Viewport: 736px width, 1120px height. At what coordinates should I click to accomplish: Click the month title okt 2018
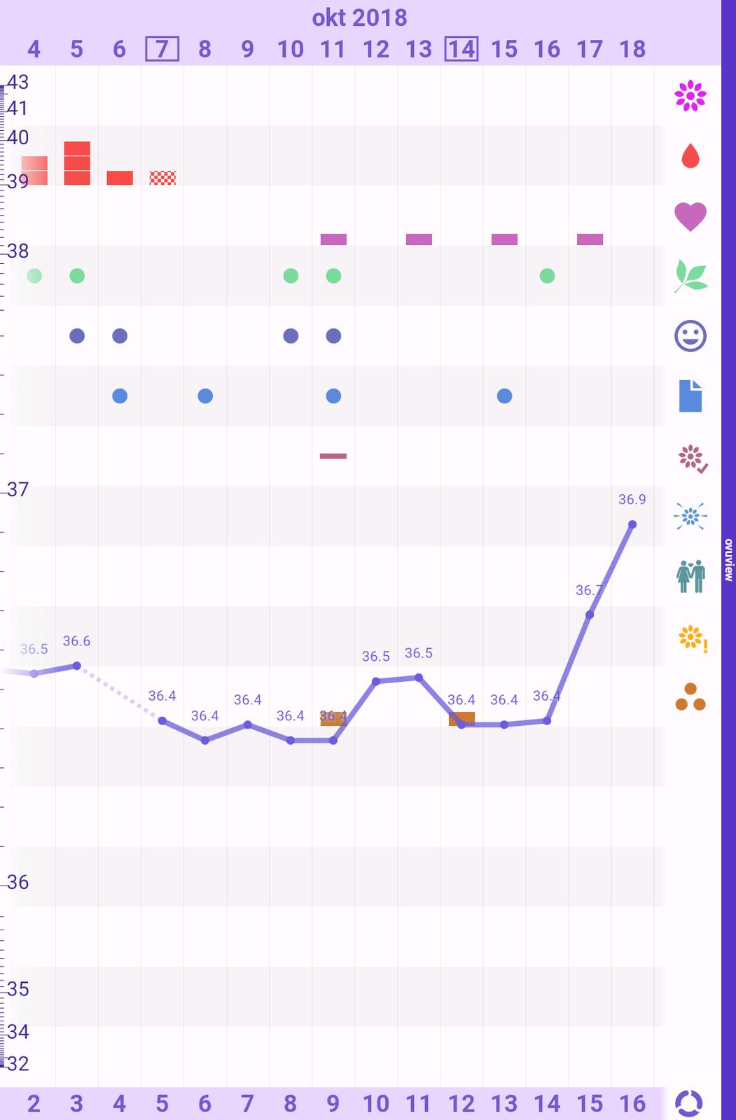[359, 17]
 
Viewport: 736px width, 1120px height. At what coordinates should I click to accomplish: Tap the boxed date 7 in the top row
[162, 49]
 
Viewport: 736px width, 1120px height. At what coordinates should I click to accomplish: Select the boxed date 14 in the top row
[461, 49]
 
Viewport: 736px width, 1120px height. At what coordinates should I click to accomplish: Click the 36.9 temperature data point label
[632, 500]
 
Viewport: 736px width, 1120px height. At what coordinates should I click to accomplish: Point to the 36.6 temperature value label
[76, 641]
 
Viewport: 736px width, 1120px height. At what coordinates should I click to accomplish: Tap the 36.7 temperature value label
[589, 590]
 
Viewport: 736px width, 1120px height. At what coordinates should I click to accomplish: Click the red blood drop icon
[690, 156]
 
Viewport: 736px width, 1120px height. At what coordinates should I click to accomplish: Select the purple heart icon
[690, 216]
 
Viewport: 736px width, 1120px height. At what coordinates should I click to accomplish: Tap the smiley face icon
[690, 336]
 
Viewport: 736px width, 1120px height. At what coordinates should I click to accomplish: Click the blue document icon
[690, 396]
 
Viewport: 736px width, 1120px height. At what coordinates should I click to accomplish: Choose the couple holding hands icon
[690, 576]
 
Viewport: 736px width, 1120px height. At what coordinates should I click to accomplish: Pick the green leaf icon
[690, 276]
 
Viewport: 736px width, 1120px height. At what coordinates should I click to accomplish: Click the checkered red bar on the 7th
[162, 178]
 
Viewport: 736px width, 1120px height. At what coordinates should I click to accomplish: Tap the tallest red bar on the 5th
[77, 163]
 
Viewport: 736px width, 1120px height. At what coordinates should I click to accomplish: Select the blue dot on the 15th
[504, 396]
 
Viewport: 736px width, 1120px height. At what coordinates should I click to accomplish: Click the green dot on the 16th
[548, 276]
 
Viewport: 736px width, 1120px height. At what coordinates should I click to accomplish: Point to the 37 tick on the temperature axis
[18, 489]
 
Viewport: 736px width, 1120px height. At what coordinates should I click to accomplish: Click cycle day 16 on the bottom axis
[632, 1104]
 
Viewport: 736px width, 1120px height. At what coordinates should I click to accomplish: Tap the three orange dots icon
[690, 697]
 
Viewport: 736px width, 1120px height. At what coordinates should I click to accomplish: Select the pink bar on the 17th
[590, 239]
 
